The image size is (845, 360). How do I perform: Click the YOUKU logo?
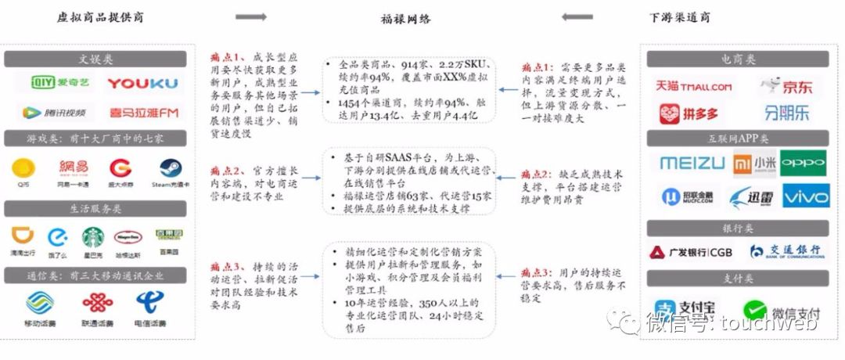tap(142, 83)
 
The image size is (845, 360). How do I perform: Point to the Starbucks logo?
tap(93, 236)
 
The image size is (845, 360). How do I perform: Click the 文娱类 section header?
tap(95, 59)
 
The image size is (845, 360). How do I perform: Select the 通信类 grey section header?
tap(95, 275)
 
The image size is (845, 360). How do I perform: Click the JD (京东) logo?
tap(787, 86)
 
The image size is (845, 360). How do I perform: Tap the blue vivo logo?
tap(806, 196)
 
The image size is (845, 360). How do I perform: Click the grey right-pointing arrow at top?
tap(251, 17)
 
